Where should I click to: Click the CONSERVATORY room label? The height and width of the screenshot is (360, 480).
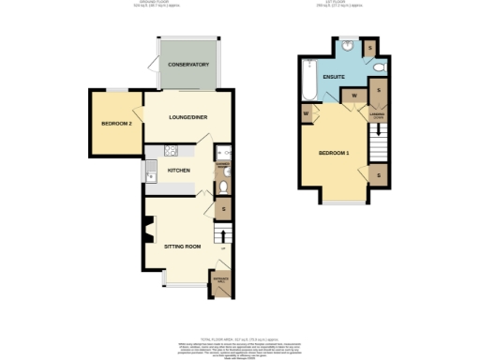click(x=188, y=65)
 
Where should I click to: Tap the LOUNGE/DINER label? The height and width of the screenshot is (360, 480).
click(x=187, y=117)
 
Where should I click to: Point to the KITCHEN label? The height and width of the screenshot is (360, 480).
click(x=179, y=171)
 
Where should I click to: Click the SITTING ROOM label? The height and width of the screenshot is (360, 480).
click(x=182, y=247)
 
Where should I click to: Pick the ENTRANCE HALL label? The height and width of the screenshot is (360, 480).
click(x=222, y=278)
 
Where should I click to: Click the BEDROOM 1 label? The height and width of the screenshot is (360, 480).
click(x=333, y=152)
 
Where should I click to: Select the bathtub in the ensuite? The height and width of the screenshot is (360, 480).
click(x=308, y=81)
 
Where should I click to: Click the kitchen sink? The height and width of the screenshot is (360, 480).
click(x=150, y=171)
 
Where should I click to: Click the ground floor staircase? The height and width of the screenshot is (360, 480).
click(x=222, y=234)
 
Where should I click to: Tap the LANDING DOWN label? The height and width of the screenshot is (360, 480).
click(x=378, y=118)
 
